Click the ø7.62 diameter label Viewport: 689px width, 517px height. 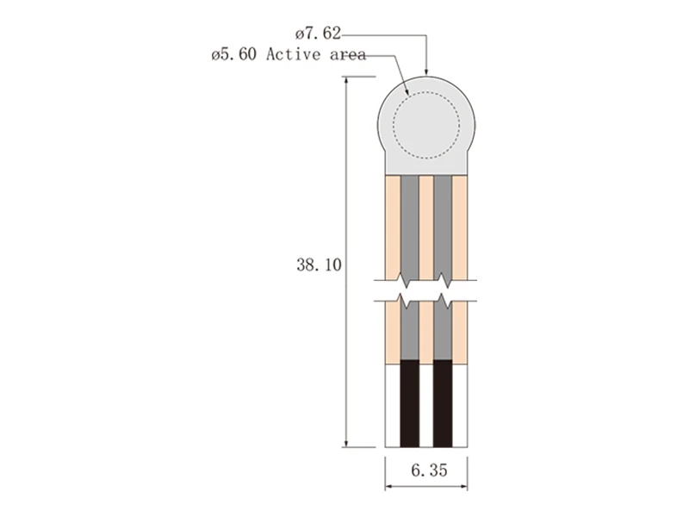click(x=318, y=34)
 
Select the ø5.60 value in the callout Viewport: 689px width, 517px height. click(x=233, y=54)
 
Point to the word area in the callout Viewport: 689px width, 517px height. click(x=348, y=54)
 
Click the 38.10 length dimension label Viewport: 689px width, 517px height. click(x=319, y=265)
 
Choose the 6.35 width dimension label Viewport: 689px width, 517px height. click(x=429, y=470)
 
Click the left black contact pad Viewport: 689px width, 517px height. click(x=410, y=403)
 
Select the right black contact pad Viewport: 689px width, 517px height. click(x=443, y=403)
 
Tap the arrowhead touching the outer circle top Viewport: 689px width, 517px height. click(x=425, y=72)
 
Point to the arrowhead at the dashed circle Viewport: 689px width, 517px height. click(x=407, y=91)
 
